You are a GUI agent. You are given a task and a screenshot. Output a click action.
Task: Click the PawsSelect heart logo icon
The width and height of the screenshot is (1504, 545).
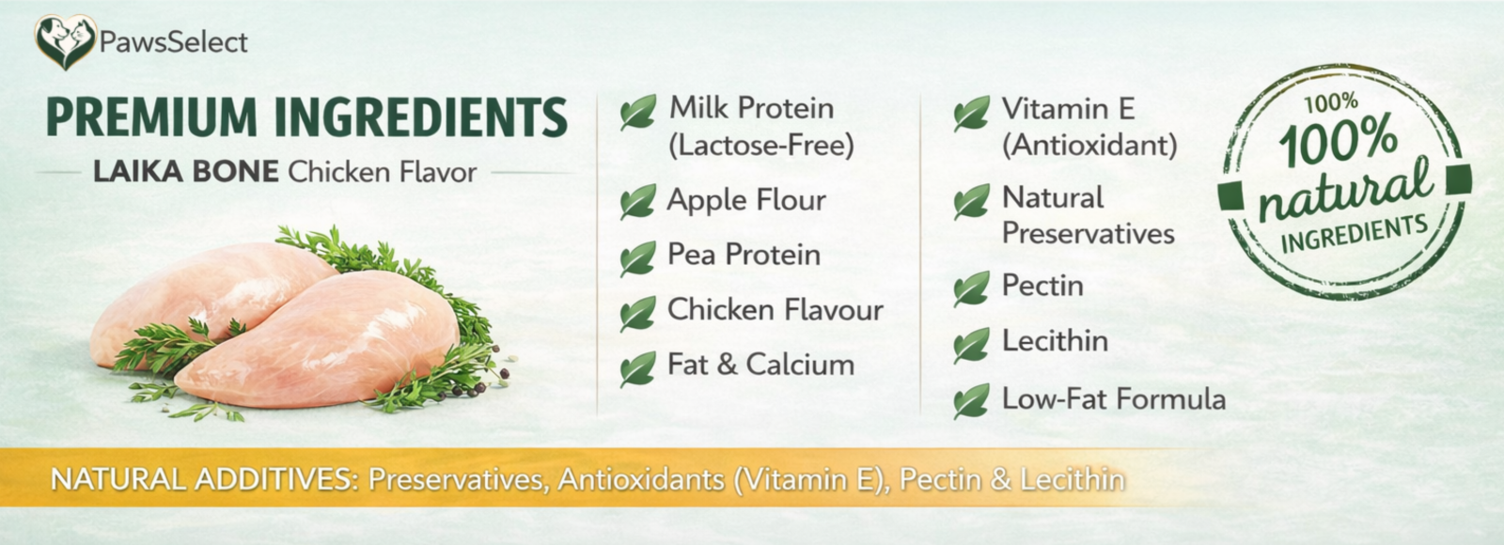click(x=65, y=41)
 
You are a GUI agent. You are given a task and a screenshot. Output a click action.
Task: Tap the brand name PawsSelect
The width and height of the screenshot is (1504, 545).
click(x=173, y=42)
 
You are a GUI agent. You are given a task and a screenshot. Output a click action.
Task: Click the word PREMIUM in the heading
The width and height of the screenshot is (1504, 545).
click(x=151, y=117)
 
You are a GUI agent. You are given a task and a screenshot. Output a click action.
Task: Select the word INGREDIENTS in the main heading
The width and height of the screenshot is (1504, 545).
click(x=421, y=117)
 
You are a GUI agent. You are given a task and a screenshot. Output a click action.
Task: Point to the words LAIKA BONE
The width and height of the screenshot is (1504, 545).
click(x=185, y=172)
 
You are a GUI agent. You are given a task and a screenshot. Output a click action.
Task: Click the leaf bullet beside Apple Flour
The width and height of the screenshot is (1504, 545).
click(x=637, y=201)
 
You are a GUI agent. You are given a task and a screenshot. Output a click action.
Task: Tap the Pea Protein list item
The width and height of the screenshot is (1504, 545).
click(x=744, y=255)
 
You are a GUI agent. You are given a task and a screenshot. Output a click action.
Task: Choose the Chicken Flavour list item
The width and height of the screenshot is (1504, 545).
click(x=775, y=309)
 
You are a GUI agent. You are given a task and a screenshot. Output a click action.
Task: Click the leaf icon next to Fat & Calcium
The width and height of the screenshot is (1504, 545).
click(x=637, y=368)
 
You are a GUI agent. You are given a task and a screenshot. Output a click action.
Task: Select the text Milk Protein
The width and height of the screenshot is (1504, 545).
click(x=751, y=108)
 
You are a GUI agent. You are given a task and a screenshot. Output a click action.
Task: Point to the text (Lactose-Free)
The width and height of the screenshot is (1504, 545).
click(x=761, y=145)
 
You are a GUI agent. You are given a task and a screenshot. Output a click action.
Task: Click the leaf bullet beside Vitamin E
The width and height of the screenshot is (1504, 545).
click(x=971, y=113)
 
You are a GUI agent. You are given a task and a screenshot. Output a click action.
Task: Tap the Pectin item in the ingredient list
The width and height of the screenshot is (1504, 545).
click(x=1042, y=286)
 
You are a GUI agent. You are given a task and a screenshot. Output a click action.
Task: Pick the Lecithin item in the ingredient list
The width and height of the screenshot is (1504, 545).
click(x=1055, y=341)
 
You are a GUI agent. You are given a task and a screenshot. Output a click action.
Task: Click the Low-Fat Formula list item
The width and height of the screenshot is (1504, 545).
click(x=1114, y=398)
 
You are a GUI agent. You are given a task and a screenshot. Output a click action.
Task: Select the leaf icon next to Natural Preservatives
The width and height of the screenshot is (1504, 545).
click(x=971, y=201)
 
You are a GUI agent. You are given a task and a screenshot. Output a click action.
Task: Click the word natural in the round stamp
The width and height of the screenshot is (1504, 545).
click(x=1345, y=191)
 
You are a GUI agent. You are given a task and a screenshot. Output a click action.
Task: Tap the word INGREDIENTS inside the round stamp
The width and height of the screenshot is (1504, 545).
click(x=1354, y=234)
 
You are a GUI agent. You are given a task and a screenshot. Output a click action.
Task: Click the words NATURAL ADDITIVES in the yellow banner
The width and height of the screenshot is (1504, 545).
click(x=204, y=479)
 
